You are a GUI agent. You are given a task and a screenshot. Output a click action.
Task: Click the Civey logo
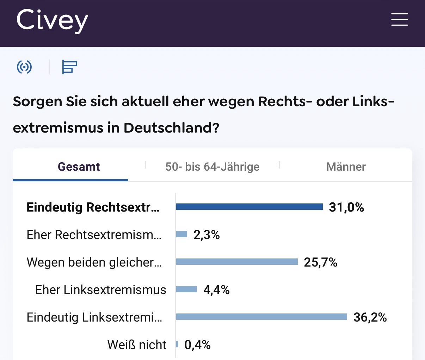pos(52,21)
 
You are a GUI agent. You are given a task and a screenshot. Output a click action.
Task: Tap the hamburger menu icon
pos(399,19)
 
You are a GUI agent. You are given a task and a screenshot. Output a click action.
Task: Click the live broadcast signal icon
pos(24,67)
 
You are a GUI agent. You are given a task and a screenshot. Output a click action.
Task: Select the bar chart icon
pos(69,67)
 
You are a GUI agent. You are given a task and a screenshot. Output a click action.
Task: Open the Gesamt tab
pos(79,166)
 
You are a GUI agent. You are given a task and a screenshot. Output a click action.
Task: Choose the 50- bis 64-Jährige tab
pos(212,166)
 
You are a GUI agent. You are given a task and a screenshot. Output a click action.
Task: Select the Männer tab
pos(346,166)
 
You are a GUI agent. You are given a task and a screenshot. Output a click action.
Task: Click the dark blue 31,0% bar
pos(249,207)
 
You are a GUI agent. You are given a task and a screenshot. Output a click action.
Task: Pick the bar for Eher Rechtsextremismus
pos(182,234)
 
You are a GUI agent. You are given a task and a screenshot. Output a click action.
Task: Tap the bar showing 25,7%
pos(237,262)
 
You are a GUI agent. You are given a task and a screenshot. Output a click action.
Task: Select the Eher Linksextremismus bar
pos(186,289)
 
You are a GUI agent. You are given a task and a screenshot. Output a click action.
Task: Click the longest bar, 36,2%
pos(261,317)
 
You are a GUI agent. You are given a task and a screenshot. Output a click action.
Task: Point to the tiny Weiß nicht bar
pos(177,344)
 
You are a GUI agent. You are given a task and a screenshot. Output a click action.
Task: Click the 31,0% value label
pos(346,207)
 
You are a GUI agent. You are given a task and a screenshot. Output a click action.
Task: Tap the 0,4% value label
pos(197,345)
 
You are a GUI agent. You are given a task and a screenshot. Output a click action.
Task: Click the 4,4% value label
pos(216,290)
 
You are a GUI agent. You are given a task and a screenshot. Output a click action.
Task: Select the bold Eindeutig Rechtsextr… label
pos(93,207)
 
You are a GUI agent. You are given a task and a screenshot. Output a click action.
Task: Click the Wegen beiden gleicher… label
pos(94,262)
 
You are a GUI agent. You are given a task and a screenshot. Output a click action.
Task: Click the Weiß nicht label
pos(137,345)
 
